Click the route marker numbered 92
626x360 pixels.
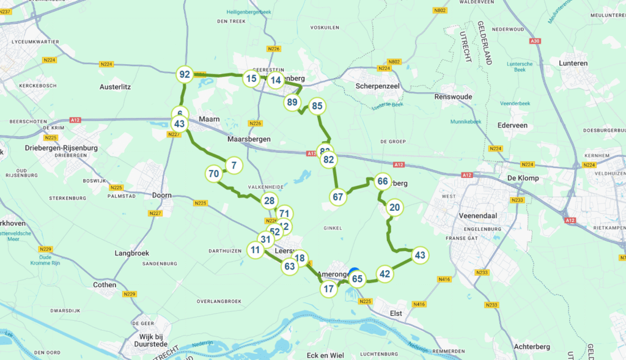pyautogui.click(x=184, y=75)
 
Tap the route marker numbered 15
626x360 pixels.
pyautogui.click(x=251, y=78)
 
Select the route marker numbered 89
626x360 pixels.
pyautogui.click(x=292, y=102)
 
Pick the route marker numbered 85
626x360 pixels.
pyautogui.click(x=317, y=106)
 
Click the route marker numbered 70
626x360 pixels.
pyautogui.click(x=214, y=174)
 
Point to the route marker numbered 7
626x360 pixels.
pyautogui.click(x=234, y=165)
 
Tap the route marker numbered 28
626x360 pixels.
pyautogui.click(x=269, y=200)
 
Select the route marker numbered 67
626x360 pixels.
pyautogui.click(x=338, y=197)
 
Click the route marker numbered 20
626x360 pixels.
pyautogui.click(x=395, y=207)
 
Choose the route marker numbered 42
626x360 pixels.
pyautogui.click(x=384, y=274)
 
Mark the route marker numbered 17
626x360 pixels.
pyautogui.click(x=329, y=289)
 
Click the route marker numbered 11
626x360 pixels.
pyautogui.click(x=256, y=249)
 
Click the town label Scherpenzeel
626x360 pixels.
pyautogui.click(x=377, y=86)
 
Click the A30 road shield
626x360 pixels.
pyautogui.click(x=536, y=41)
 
